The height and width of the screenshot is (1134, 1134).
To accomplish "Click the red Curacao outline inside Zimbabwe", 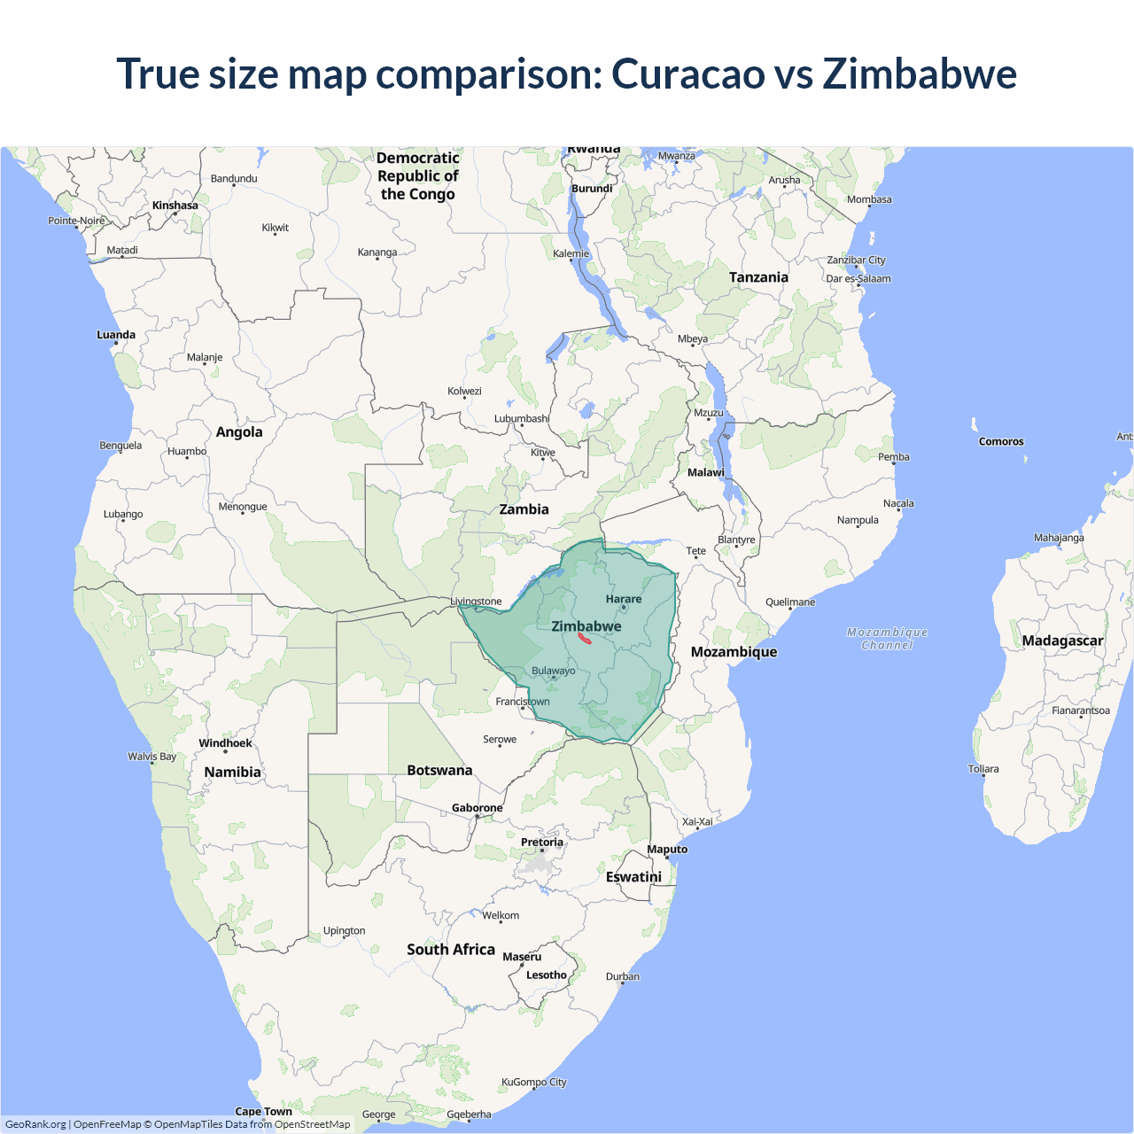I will tap(585, 637).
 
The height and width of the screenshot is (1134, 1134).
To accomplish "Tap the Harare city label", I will tap(624, 599).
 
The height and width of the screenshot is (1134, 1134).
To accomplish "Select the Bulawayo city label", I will tap(553, 671).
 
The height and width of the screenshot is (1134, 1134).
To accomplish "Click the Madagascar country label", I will tap(1062, 641).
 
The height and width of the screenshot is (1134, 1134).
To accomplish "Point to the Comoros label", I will tap(1001, 441).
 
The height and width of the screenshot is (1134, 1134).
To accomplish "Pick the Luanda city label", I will tap(116, 335).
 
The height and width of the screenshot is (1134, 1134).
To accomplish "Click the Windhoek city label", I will tap(225, 743).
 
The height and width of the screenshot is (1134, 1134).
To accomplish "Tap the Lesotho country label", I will tap(547, 975).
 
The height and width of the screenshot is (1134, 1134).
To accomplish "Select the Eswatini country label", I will tap(633, 876).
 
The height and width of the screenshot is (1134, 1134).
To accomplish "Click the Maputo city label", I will tap(667, 849).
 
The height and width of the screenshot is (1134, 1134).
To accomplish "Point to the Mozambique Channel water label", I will tap(887, 638).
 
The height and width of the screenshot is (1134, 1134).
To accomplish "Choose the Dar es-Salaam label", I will tap(858, 278).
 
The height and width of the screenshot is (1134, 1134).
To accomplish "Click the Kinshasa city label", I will tap(175, 206).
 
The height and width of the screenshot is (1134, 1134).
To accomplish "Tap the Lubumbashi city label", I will tap(522, 418).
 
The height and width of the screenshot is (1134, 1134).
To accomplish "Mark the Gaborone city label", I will tap(478, 808).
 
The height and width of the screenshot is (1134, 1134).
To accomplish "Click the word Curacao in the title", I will tap(687, 74).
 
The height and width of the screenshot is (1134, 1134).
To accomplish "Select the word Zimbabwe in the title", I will tap(920, 74).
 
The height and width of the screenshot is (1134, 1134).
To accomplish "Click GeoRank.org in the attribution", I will tap(35, 1124).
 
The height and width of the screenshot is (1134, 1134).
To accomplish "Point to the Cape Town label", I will tap(264, 1111).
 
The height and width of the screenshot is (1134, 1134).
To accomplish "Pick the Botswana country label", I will tap(439, 770).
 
